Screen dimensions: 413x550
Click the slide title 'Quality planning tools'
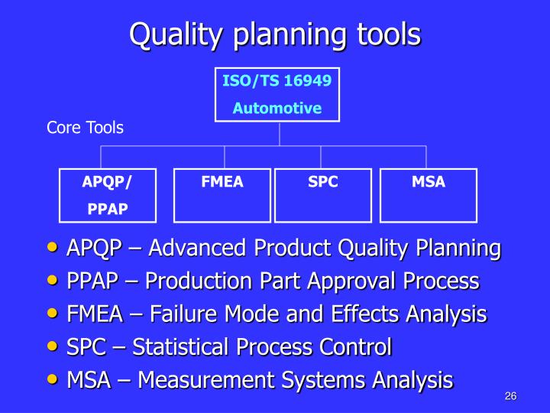click(x=275, y=34)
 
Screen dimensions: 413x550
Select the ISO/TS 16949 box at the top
click(x=277, y=94)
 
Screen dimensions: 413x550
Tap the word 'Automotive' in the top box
click(x=277, y=109)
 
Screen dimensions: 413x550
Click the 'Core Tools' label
click(x=85, y=128)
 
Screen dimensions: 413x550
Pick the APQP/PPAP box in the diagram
click(x=107, y=195)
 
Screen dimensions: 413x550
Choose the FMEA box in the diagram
click(x=222, y=195)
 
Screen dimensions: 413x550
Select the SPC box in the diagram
click(x=323, y=195)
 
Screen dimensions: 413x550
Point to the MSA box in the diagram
click(x=428, y=195)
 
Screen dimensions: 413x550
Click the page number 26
click(x=511, y=395)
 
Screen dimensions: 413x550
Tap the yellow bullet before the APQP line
click(x=52, y=247)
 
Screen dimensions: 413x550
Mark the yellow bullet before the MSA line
click(x=52, y=379)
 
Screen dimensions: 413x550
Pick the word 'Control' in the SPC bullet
click(x=355, y=347)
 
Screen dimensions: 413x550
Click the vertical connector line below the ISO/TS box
click(x=280, y=134)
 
